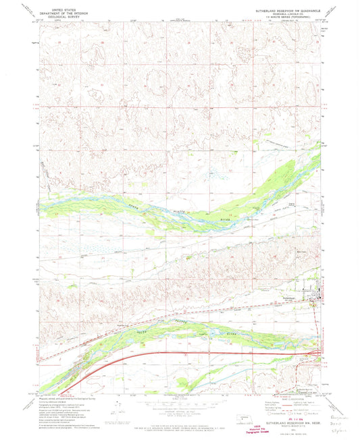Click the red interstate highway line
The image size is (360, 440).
(203, 352)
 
